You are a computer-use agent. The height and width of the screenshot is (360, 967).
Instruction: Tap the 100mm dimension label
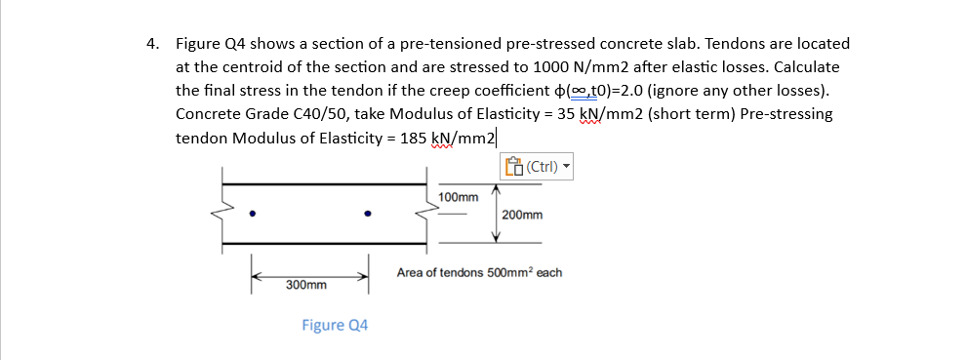point(459,197)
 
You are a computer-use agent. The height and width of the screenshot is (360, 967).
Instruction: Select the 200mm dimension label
point(522,214)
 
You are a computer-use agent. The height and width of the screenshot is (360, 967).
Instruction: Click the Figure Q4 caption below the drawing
point(335,325)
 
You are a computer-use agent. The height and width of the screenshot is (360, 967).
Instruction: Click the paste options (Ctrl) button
point(536,166)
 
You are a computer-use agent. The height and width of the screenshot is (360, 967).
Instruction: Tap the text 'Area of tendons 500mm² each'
point(479,272)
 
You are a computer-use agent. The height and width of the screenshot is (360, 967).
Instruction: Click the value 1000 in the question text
point(554,67)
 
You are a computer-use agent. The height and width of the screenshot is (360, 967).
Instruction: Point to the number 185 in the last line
point(413,138)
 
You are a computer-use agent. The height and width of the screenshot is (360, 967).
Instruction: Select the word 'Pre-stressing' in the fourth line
point(786,114)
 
